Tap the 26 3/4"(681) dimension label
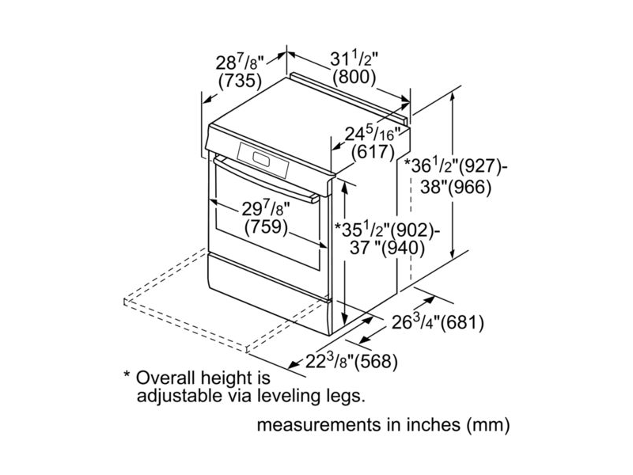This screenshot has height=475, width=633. coord(438,322)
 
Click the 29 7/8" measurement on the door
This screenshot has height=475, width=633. coord(266,208)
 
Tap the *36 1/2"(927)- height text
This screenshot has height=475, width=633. coord(455,166)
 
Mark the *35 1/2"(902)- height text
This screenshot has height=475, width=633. coord(385,230)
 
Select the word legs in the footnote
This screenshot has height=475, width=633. coord(346,393)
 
